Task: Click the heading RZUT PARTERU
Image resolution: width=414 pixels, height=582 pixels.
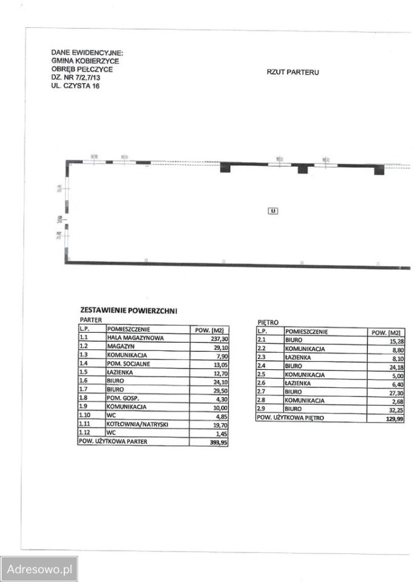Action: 293,72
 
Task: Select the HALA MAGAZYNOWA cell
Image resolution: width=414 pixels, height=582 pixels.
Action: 135,338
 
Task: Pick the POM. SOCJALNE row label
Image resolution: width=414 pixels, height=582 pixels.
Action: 129,364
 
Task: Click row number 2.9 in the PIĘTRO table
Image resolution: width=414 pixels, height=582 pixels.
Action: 262,409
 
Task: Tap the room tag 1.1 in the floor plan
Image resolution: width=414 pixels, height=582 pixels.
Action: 273,211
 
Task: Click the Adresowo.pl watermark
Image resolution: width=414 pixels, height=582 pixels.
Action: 39,569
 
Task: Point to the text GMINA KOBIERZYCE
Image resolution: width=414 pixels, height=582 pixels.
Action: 85,61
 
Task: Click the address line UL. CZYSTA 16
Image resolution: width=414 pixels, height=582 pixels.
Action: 75,87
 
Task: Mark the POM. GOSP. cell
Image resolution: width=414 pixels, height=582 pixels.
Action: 123,398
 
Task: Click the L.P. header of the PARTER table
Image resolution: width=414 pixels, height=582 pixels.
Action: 84,329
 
